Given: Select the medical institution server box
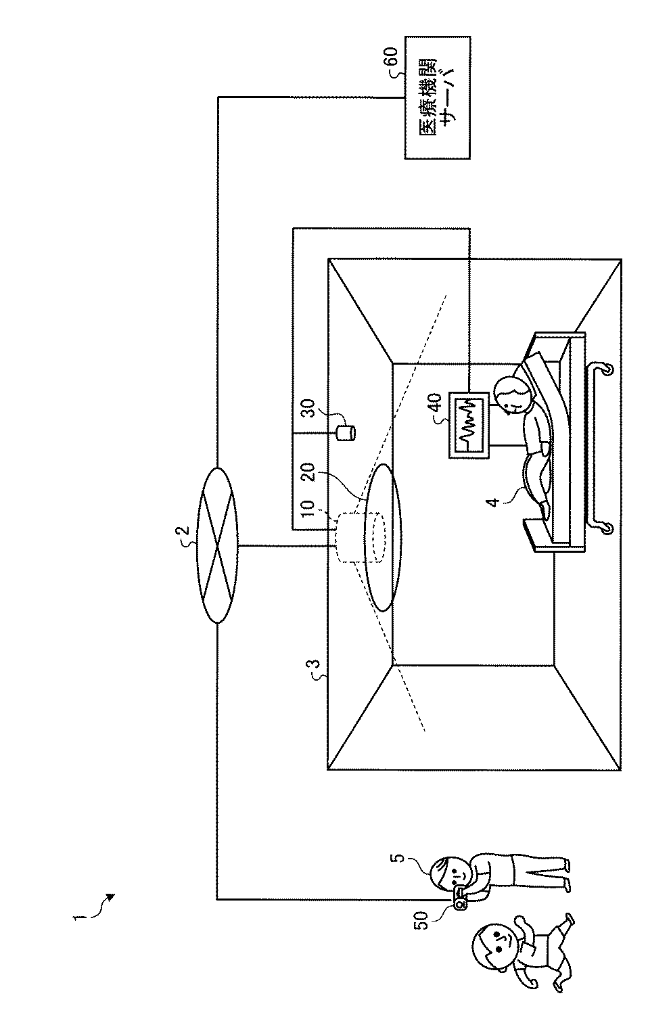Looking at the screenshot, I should coord(437,98).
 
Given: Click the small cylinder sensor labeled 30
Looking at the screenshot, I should coord(346,431).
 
